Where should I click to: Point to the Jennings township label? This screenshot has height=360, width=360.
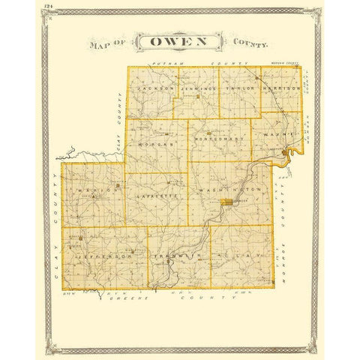[197, 88]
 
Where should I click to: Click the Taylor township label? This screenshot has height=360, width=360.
[240, 88]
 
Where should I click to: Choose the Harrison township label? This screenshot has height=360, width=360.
[282, 88]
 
